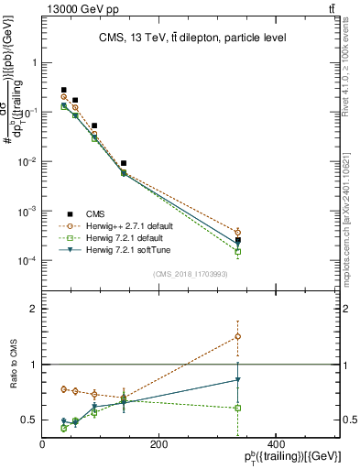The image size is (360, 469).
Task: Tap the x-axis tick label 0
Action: tap(43, 445)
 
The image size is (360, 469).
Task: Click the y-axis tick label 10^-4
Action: tap(26, 261)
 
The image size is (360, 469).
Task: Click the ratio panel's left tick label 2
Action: tap(35, 309)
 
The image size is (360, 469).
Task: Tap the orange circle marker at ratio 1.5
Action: tap(237, 336)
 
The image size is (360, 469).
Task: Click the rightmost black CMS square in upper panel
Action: tap(237, 240)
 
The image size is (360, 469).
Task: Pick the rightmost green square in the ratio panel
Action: tap(237, 408)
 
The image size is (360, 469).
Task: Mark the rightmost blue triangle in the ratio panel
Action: tap(237, 379)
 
